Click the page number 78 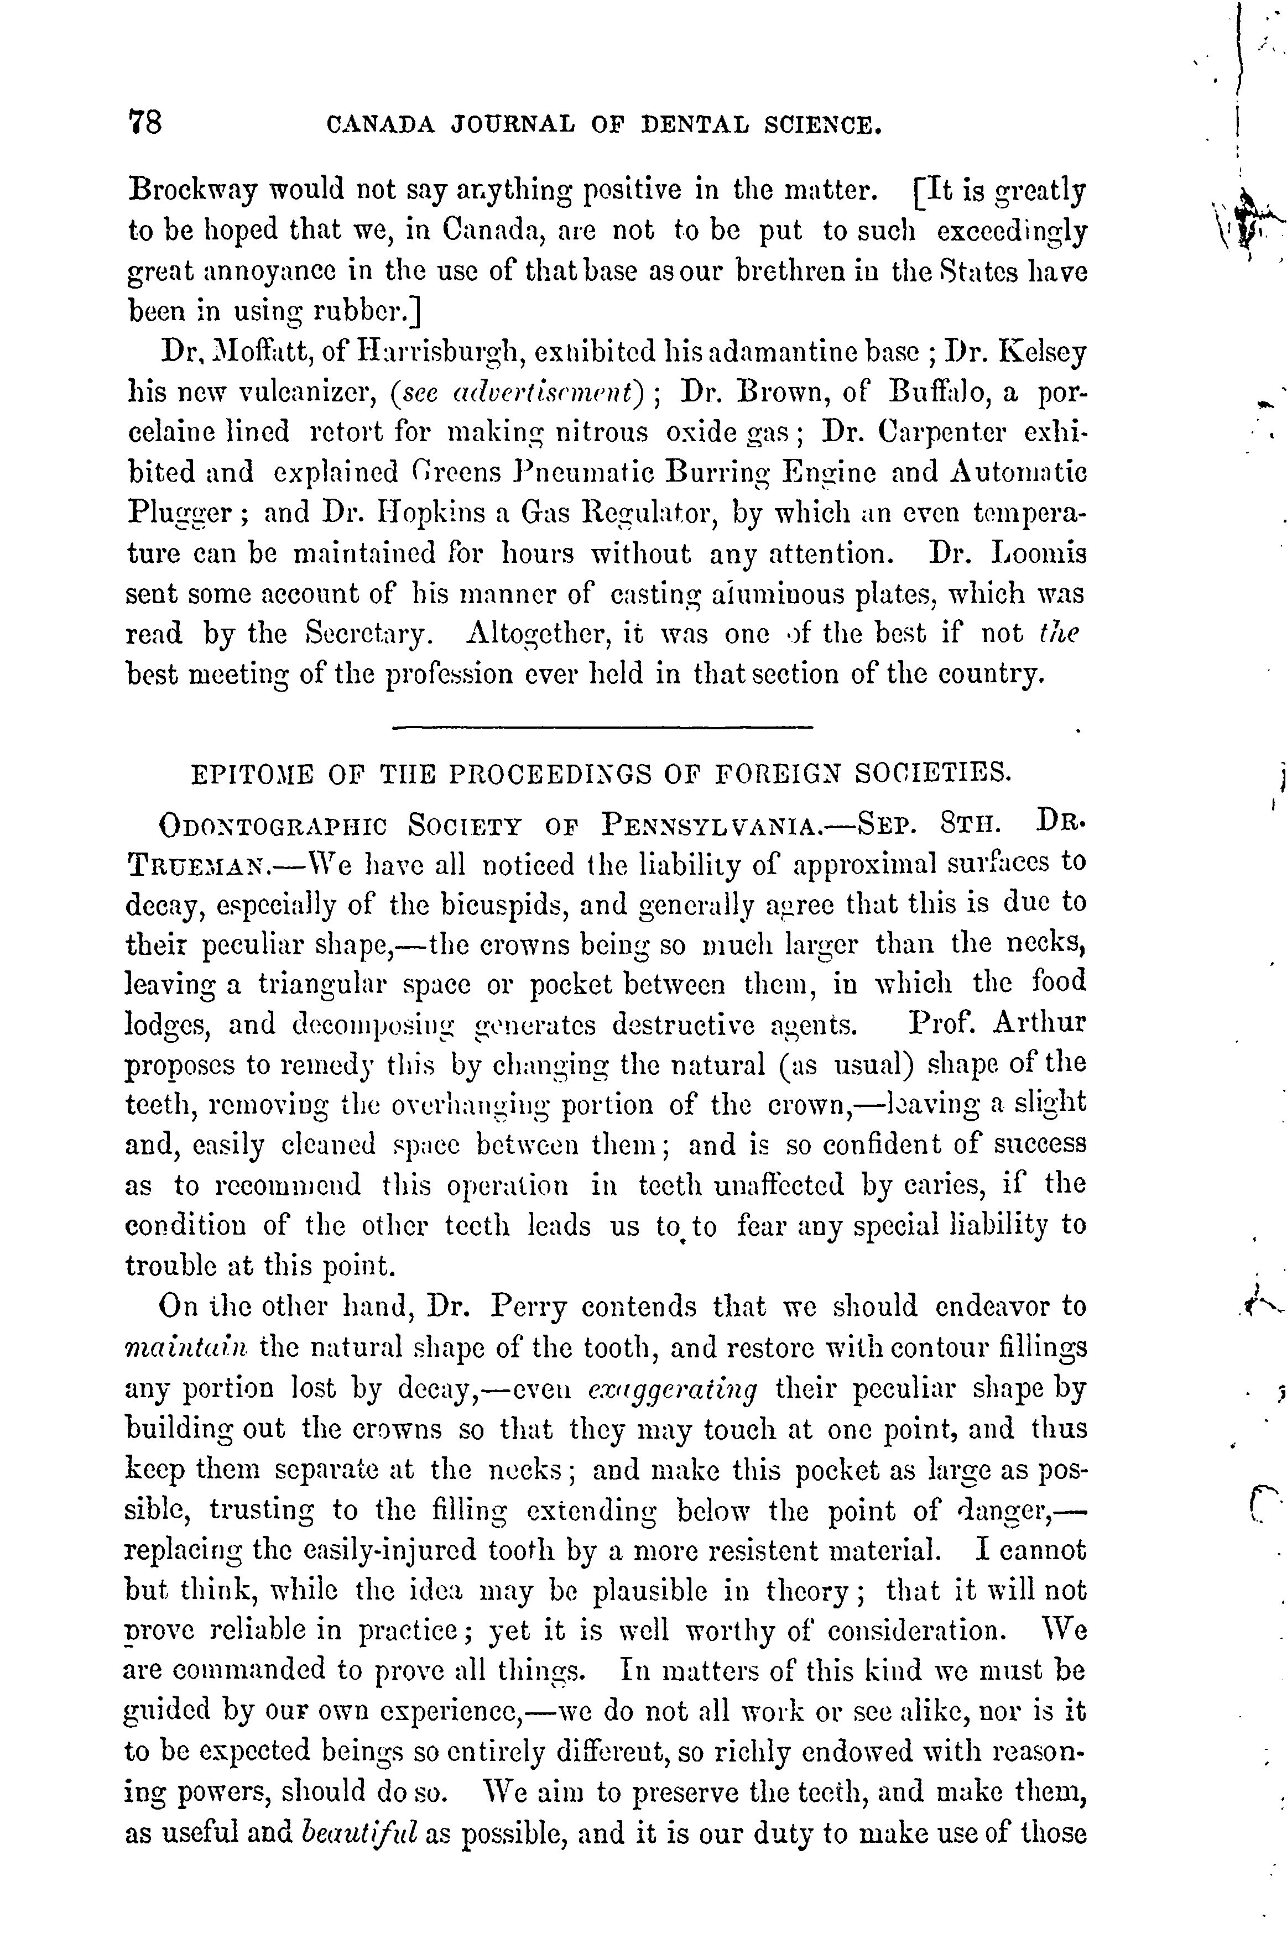pyautogui.click(x=146, y=123)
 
